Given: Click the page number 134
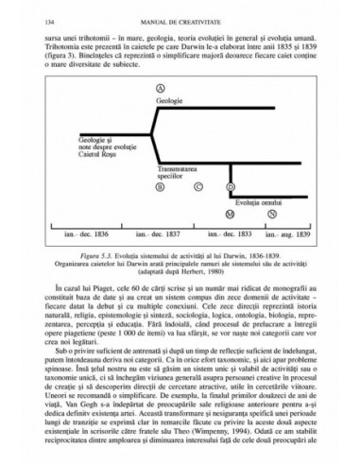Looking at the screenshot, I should [x=38, y=21].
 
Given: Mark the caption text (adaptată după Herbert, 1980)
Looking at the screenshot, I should [x=180, y=299].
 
